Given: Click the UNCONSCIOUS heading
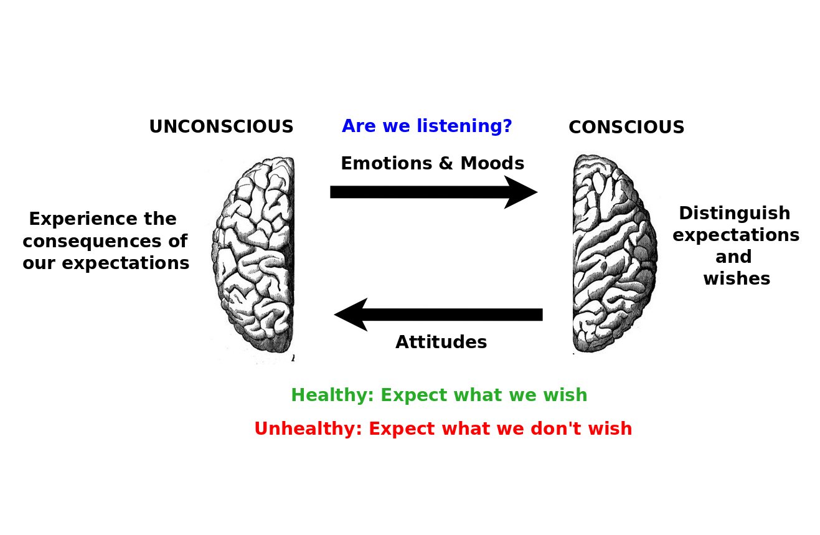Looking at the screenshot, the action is (x=221, y=126).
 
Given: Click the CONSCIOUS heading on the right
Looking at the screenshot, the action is (x=626, y=128).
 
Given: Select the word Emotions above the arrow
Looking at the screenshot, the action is (x=387, y=163).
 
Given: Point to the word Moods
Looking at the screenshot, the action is (x=492, y=163).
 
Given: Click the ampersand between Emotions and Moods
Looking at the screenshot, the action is (x=446, y=163).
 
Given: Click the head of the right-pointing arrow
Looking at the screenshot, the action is (x=521, y=192).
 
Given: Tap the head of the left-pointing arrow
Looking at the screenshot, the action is (x=351, y=315).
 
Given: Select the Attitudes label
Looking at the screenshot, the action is (x=441, y=342).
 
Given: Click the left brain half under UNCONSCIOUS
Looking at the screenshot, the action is (x=253, y=257).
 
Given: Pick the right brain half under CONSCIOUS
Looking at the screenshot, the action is (x=615, y=253).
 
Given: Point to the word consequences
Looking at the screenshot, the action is (x=92, y=242).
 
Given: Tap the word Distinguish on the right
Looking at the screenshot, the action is (x=735, y=214).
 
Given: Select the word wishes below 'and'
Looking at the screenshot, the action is (x=737, y=278).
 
